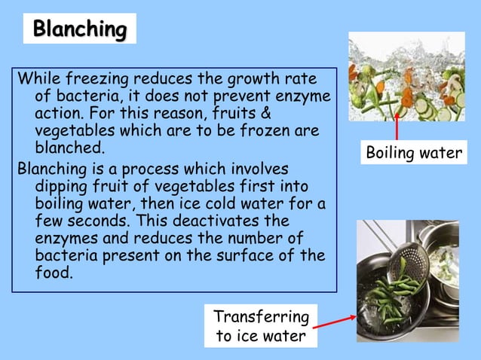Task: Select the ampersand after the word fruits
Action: (x=265, y=114)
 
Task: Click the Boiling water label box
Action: (x=414, y=153)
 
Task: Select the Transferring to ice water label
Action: (x=261, y=325)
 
